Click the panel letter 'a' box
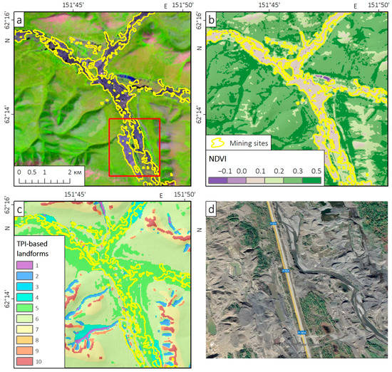(x=21, y=21)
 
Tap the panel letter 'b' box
(x=212, y=21)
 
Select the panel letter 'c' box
(x=21, y=210)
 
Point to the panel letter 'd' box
(x=212, y=210)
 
